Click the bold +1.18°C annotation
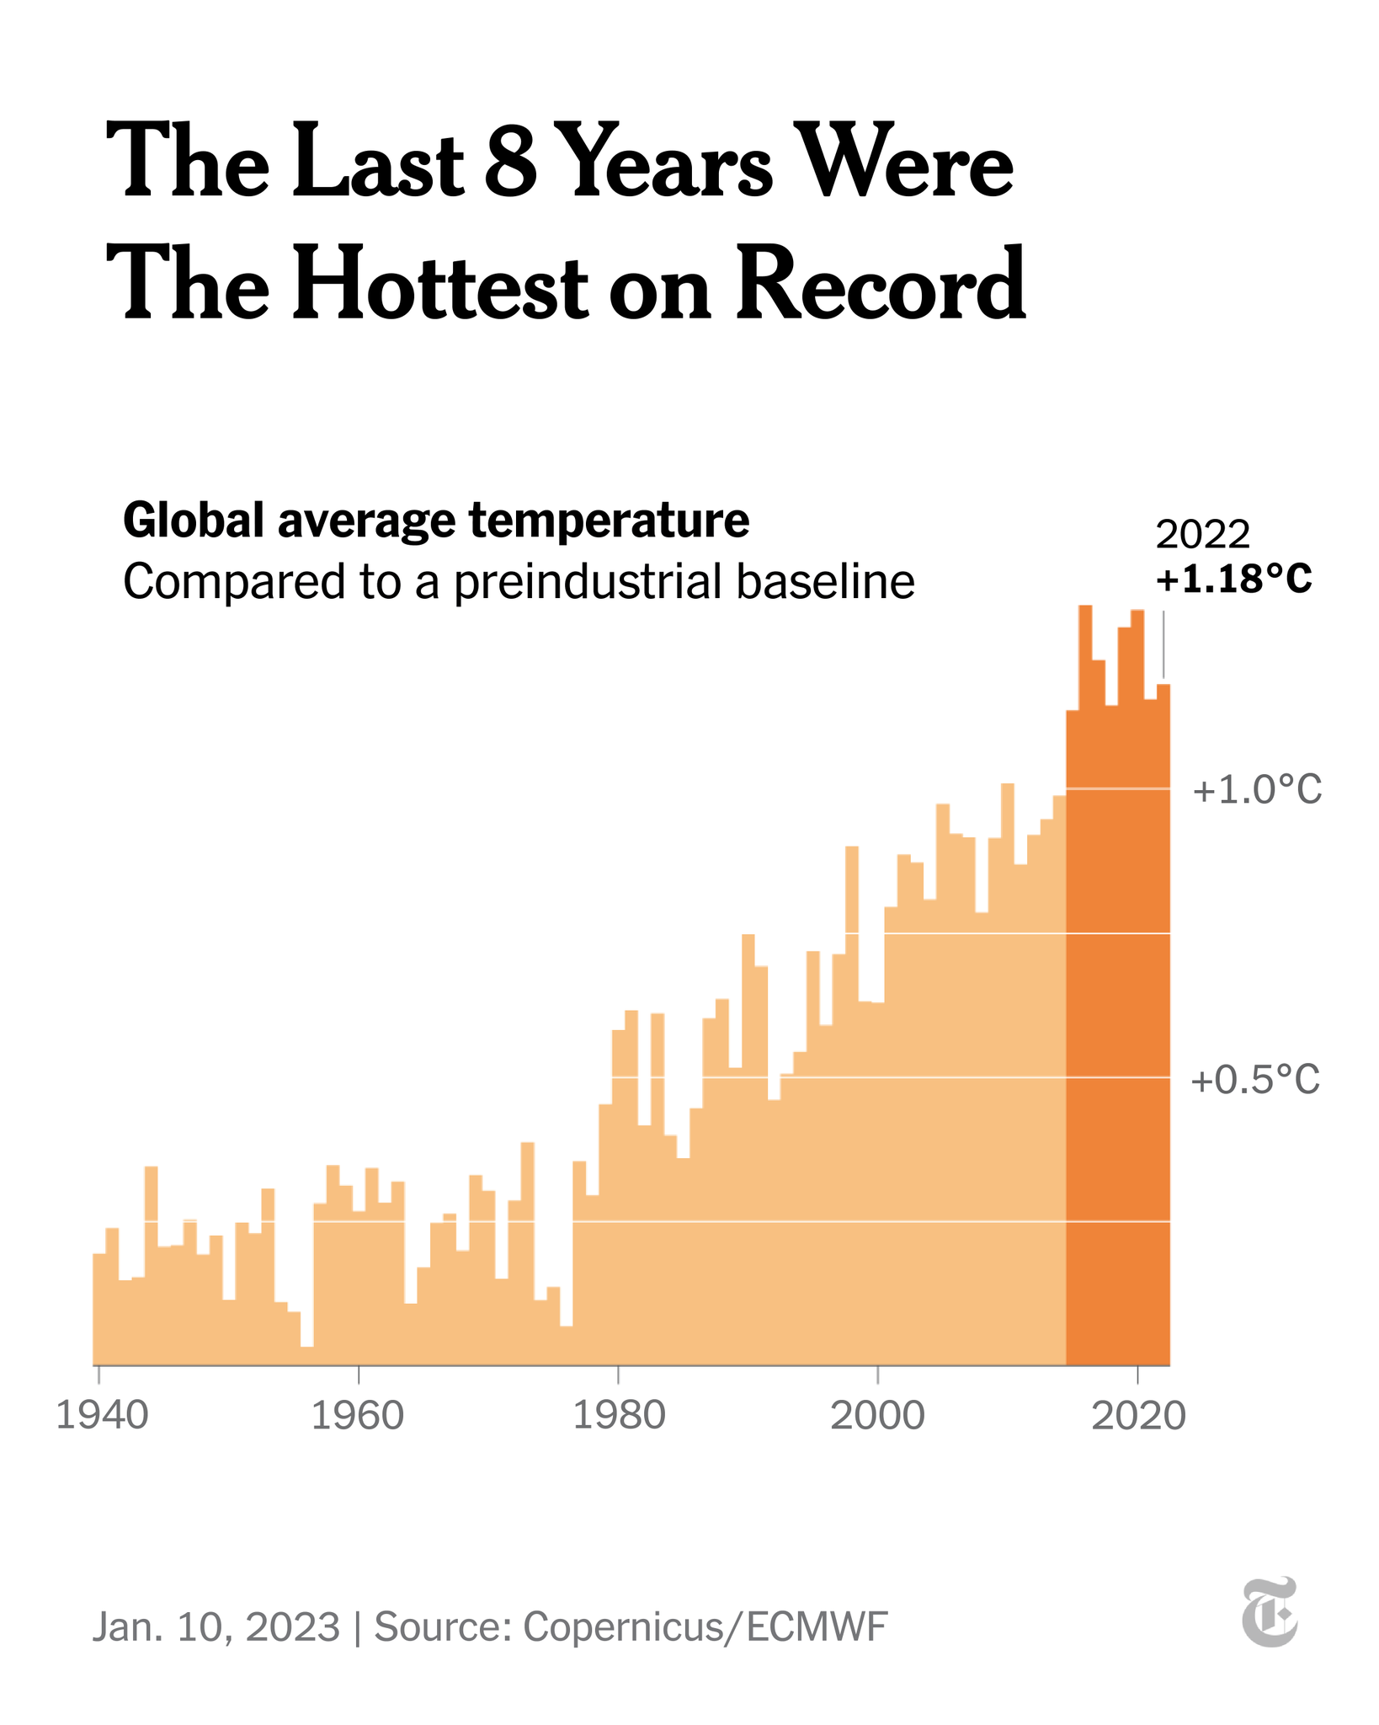tap(1233, 579)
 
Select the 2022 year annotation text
tap(1202, 534)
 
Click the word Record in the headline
tap(881, 284)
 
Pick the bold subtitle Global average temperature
tap(436, 520)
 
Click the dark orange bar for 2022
tap(1163, 1011)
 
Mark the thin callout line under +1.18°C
tap(1163, 643)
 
